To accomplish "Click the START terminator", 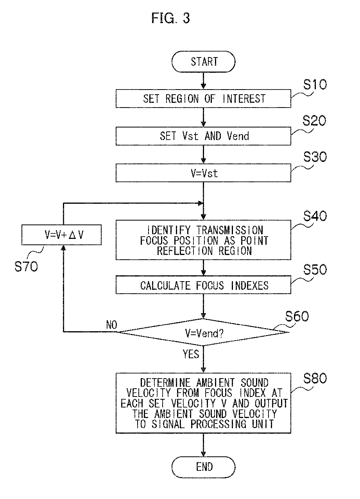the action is [203, 61].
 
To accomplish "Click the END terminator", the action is [203, 467].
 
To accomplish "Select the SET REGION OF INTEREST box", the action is [203, 99].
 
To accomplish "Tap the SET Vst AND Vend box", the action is [203, 136].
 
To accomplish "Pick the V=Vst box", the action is [203, 173].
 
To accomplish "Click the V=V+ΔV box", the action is [61, 235].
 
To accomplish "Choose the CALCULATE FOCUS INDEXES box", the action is [203, 285].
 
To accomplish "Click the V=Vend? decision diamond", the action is [203, 332].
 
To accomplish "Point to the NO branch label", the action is [111, 325].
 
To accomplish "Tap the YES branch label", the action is [191, 354].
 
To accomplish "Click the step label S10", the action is [315, 84].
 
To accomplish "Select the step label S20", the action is [314, 121].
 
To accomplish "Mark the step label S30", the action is [315, 157].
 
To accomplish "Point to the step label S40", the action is [315, 216].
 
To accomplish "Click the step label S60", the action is [297, 316].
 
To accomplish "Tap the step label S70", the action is [26, 266].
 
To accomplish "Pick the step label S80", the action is [315, 378].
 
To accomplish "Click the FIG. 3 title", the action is [170, 18].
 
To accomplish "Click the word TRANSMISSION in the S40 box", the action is [229, 230].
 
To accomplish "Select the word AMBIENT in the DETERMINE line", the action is [215, 383].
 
